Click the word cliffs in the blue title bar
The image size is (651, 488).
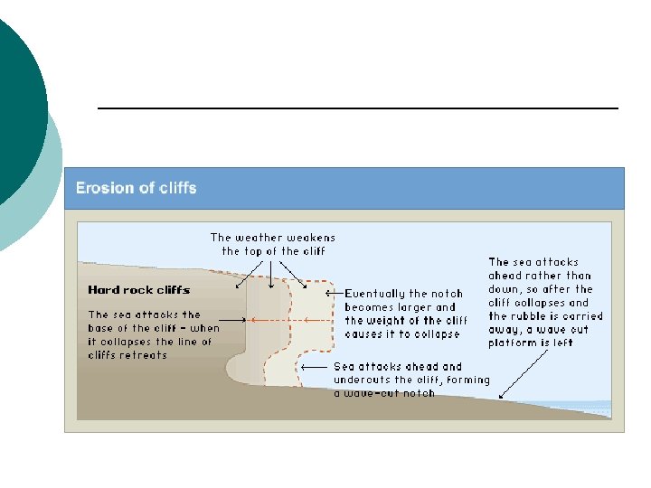175,189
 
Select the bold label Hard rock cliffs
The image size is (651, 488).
138,290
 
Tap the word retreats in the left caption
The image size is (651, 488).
144,355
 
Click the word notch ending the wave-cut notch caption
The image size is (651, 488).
419,393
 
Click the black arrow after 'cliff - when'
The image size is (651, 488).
233,320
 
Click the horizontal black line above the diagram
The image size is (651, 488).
357,108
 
